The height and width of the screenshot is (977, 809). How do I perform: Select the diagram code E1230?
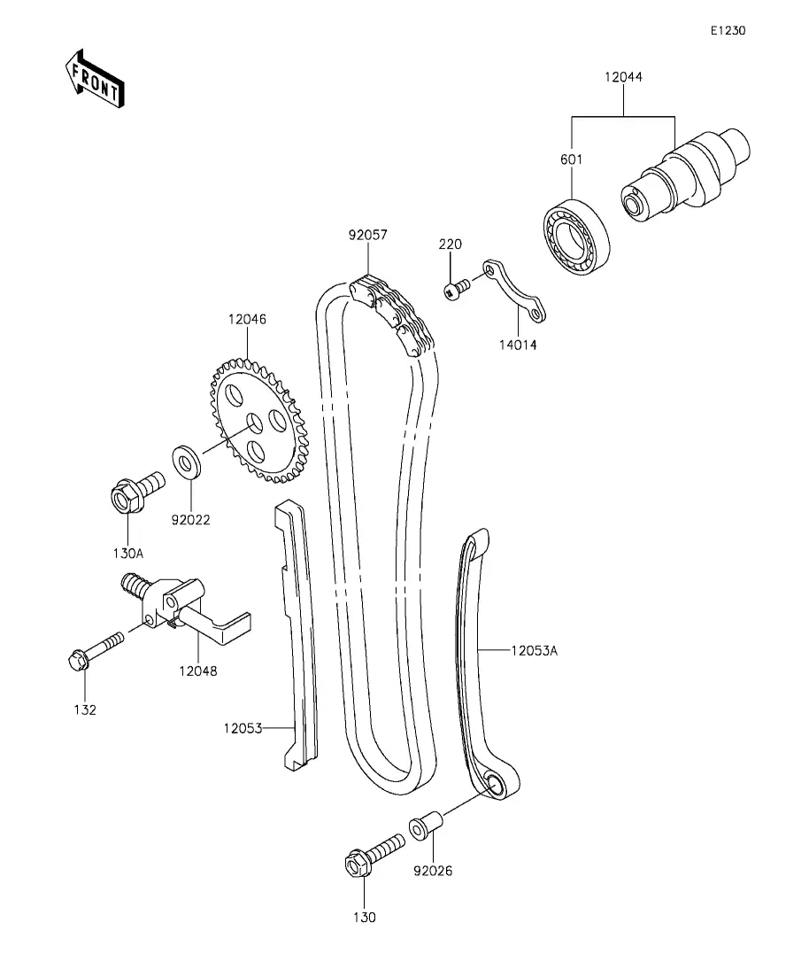[728, 30]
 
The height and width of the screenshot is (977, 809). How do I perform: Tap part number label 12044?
[623, 77]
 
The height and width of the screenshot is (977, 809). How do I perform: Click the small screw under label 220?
[457, 289]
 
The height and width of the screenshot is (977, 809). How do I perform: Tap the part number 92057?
[367, 235]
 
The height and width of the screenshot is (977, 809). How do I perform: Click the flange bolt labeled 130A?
[132, 492]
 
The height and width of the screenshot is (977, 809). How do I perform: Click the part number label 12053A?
[534, 650]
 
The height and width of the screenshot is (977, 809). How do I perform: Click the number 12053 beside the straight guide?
[244, 728]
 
